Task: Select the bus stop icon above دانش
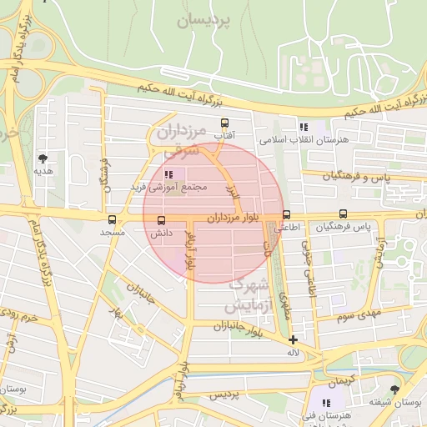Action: click(x=161, y=220)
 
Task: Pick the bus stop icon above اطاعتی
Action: click(x=287, y=213)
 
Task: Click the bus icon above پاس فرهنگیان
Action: click(x=344, y=213)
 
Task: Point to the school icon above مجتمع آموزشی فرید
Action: click(x=169, y=174)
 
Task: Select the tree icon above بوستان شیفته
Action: click(x=394, y=389)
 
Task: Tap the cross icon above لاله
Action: click(x=293, y=339)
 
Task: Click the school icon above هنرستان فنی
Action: click(x=326, y=403)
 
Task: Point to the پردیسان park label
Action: click(x=203, y=21)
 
